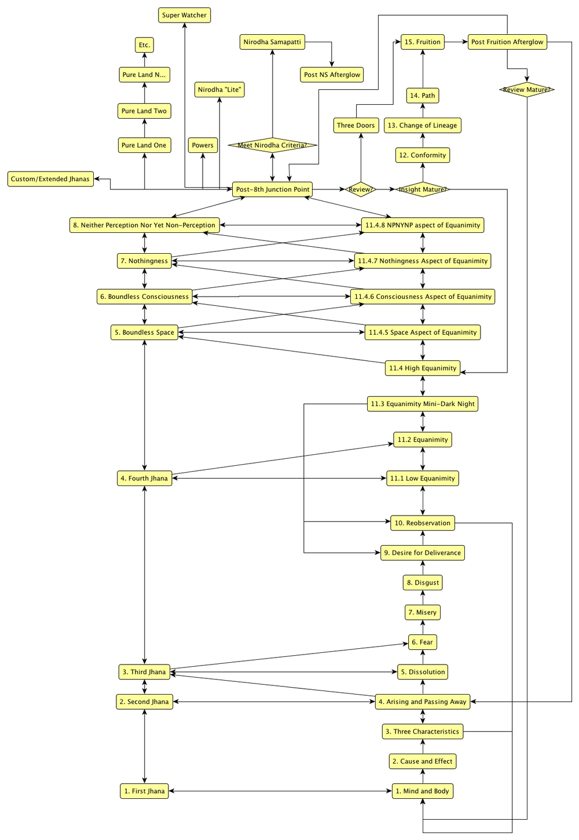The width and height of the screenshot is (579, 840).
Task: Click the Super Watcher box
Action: point(184,15)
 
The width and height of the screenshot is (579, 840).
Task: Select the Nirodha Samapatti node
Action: point(272,42)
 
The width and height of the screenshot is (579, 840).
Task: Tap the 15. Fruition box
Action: point(423,42)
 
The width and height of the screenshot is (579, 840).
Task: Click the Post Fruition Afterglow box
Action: point(507,42)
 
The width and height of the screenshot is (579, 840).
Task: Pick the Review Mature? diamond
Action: point(527,90)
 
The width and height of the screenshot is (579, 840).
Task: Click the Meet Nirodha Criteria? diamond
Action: point(272,145)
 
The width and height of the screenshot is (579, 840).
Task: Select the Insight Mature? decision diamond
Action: point(423,189)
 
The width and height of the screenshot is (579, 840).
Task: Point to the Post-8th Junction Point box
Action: point(273,189)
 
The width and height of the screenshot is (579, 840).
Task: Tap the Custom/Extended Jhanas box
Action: point(50,179)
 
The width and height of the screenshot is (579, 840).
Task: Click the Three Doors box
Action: point(356,125)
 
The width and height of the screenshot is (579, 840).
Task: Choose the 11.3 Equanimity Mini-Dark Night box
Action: point(423,404)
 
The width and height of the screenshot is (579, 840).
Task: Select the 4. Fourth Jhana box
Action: point(145,479)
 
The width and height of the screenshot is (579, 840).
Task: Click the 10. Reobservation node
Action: point(423,523)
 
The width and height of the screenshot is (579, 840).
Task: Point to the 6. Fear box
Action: point(423,642)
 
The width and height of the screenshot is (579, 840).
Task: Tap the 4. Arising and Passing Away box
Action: point(423,702)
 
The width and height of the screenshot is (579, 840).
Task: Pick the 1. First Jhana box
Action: point(145,791)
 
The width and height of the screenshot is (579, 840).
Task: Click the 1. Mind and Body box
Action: point(423,791)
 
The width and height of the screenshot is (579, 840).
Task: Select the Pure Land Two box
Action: point(144,111)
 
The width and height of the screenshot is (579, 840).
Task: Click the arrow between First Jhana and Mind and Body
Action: point(280,791)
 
